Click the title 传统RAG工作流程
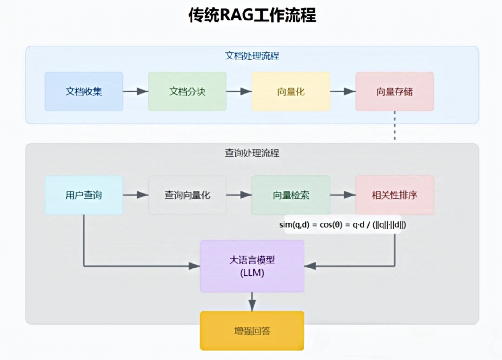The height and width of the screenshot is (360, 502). pyautogui.click(x=251, y=15)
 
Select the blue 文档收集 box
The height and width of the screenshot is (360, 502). pyautogui.click(x=84, y=92)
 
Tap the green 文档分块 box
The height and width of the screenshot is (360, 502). pyautogui.click(x=187, y=92)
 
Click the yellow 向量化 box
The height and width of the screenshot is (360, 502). pyautogui.click(x=291, y=92)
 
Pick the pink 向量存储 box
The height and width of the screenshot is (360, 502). pyautogui.click(x=395, y=92)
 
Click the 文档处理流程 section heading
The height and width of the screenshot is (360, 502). pyautogui.click(x=252, y=56)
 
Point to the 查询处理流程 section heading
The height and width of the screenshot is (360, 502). pyautogui.click(x=252, y=153)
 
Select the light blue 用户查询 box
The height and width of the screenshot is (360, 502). pyautogui.click(x=84, y=195)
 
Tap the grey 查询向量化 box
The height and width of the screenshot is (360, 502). pyautogui.click(x=187, y=195)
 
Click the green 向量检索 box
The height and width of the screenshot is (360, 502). pyautogui.click(x=291, y=195)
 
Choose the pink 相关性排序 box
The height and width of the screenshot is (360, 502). pyautogui.click(x=395, y=195)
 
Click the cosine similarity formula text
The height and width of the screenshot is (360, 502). pyautogui.click(x=343, y=224)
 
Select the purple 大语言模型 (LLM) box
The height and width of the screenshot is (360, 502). pyautogui.click(x=252, y=266)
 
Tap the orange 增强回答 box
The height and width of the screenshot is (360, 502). pyautogui.click(x=252, y=331)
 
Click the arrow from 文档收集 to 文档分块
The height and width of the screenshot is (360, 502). pyautogui.click(x=135, y=92)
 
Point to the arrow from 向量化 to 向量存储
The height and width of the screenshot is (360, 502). pyautogui.click(x=343, y=92)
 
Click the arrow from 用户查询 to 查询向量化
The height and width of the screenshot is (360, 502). pyautogui.click(x=135, y=195)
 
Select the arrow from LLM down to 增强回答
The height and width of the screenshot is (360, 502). pyautogui.click(x=252, y=301)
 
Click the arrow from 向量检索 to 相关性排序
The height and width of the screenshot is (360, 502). pyautogui.click(x=343, y=195)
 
